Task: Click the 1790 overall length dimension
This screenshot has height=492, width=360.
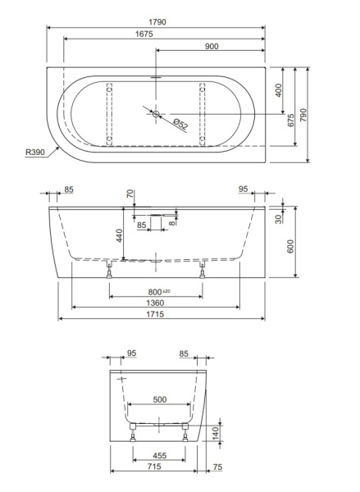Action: click(x=155, y=22)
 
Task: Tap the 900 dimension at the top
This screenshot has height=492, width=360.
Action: click(x=211, y=46)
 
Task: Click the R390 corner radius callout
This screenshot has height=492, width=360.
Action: click(x=34, y=153)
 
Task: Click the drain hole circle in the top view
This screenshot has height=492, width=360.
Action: click(x=156, y=114)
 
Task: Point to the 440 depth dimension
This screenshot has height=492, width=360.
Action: click(x=118, y=237)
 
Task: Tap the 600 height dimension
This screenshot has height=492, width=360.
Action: click(x=290, y=245)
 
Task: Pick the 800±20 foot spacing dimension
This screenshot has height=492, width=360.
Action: click(x=155, y=292)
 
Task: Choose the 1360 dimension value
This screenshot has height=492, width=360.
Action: click(x=155, y=303)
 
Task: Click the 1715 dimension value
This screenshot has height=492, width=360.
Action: click(x=155, y=315)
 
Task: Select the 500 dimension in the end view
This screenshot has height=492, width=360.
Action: click(x=159, y=401)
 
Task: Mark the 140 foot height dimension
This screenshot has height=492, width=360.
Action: click(x=216, y=431)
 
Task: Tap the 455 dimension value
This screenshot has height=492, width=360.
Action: click(x=159, y=455)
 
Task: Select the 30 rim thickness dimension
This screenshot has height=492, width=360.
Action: click(x=279, y=219)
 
